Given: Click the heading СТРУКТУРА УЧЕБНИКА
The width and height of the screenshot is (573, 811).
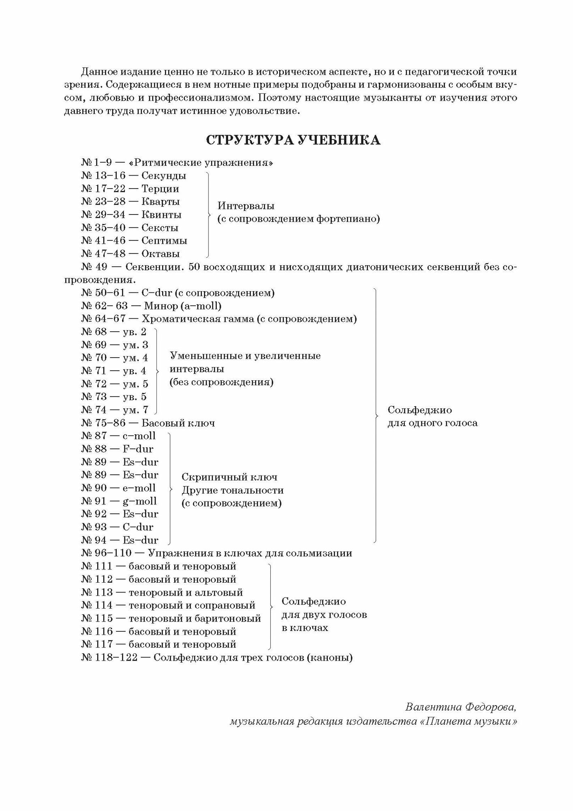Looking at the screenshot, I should [293, 140].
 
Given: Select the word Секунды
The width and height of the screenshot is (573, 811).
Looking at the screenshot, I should [164, 176].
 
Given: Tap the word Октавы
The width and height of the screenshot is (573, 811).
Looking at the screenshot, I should [160, 254].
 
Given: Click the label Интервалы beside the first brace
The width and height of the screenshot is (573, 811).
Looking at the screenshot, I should [246, 206].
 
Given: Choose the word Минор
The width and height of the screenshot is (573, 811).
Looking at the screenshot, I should [160, 306].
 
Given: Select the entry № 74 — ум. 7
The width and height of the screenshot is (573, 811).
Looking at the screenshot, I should [115, 410].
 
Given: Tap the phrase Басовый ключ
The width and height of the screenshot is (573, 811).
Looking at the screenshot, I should [178, 423].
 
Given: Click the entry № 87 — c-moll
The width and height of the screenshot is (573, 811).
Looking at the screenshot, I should [118, 436].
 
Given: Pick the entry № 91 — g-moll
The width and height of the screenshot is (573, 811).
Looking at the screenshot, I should [119, 501].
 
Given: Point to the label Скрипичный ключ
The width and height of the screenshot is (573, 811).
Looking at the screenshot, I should [229, 477].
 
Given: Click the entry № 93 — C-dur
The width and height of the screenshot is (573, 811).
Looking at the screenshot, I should [117, 527].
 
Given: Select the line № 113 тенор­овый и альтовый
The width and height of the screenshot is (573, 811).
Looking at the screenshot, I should [162, 592].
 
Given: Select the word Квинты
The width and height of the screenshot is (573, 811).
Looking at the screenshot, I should [161, 215].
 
